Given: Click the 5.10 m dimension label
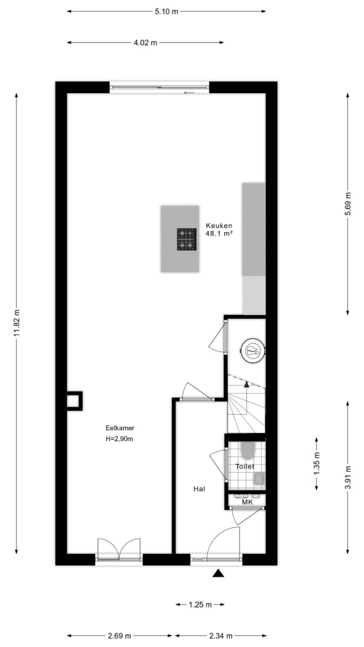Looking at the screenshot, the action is [x=166, y=12].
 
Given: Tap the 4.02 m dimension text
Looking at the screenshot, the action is [x=145, y=43].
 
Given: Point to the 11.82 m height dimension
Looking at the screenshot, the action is [x=17, y=323].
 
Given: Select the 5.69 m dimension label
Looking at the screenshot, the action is [x=348, y=204].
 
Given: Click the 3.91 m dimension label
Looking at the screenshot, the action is [x=348, y=478].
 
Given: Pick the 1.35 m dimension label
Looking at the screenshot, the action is [x=317, y=464].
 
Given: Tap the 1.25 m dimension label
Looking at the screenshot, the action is [x=200, y=605].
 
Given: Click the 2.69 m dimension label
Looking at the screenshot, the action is [x=119, y=636].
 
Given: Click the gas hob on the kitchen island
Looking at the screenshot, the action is [x=187, y=239].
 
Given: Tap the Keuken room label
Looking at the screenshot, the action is [x=219, y=226].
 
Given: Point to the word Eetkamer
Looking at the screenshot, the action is [x=120, y=428].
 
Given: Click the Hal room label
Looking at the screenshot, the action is [x=199, y=489].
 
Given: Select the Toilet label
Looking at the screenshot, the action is [x=245, y=466].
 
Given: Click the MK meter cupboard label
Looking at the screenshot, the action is [x=247, y=502].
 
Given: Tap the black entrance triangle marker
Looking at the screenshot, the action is [x=218, y=573].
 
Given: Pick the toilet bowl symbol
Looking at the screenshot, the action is [x=248, y=452].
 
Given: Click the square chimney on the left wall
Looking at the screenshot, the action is [x=74, y=401].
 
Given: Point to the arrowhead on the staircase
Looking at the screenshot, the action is [x=246, y=384].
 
